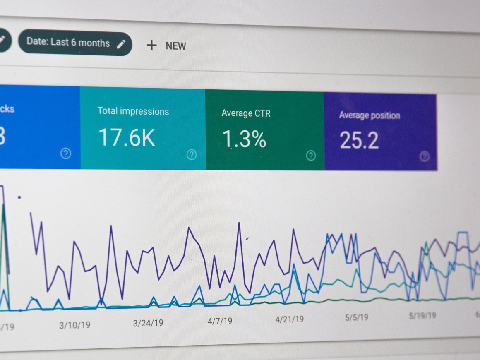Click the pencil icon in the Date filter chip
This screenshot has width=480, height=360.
tap(121, 44)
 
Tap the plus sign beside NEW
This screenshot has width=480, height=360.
tap(152, 45)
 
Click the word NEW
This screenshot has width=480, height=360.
tap(176, 46)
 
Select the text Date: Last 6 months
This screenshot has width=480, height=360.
tap(68, 42)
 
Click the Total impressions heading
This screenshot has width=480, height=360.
tap(133, 111)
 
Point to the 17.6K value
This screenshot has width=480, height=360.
tap(127, 137)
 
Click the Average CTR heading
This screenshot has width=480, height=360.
tap(246, 113)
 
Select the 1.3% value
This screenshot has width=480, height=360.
tap(244, 139)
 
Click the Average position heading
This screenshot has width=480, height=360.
tap(370, 115)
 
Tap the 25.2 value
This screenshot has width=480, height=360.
tap(359, 141)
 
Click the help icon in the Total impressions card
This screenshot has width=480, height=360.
tap(191, 155)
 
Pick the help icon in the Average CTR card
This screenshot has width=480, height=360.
tap(311, 156)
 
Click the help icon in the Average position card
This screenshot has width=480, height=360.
tap(424, 156)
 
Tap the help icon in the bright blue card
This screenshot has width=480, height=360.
tap(65, 154)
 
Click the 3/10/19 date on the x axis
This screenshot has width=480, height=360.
tap(74, 325)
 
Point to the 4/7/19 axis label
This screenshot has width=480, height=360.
tap(220, 321)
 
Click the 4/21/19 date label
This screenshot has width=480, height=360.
tap(290, 319)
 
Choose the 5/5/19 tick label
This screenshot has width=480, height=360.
tap(356, 317)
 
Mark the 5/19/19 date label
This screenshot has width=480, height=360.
tap(422, 316)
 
